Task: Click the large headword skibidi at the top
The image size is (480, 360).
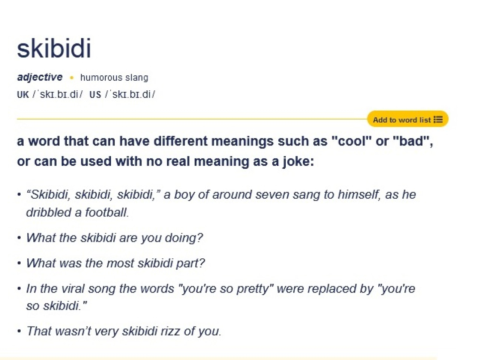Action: (x=54, y=49)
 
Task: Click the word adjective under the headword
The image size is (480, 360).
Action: (x=40, y=77)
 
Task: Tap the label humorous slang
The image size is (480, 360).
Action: (x=114, y=78)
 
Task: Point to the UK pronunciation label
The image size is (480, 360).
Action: (x=22, y=94)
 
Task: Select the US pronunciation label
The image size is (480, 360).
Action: (x=95, y=94)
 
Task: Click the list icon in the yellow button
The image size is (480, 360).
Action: (x=438, y=120)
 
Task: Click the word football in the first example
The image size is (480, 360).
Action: (x=106, y=212)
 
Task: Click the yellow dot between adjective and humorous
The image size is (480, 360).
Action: (x=72, y=78)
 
